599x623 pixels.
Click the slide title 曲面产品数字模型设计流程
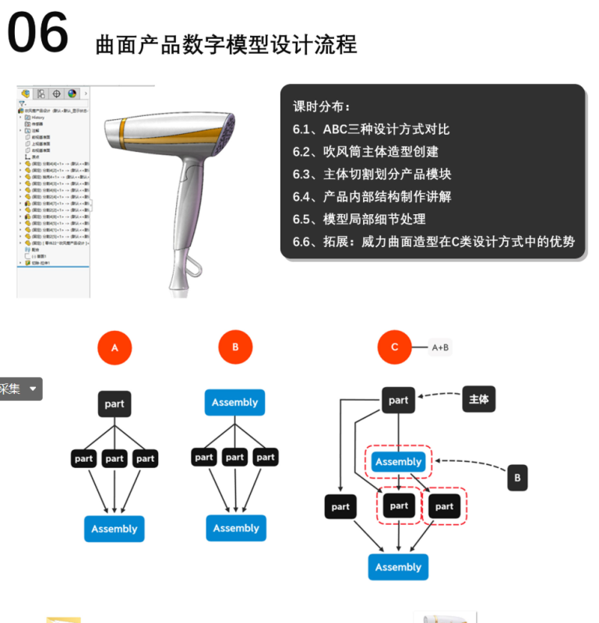226,44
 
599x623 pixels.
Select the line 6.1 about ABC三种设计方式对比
371,129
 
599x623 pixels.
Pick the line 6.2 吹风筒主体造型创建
365,152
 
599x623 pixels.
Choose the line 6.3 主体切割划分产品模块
372,174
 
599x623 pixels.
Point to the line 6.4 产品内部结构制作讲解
372,196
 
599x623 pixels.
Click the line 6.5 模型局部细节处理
359,219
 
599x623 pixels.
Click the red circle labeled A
115,348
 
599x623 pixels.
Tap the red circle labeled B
235,347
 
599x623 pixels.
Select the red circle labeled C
394,347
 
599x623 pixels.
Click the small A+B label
440,347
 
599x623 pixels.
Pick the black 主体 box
478,399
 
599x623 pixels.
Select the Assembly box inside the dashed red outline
398,462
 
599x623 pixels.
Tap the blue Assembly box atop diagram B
234,403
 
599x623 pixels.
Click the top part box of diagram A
115,403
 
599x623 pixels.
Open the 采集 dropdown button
20,389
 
